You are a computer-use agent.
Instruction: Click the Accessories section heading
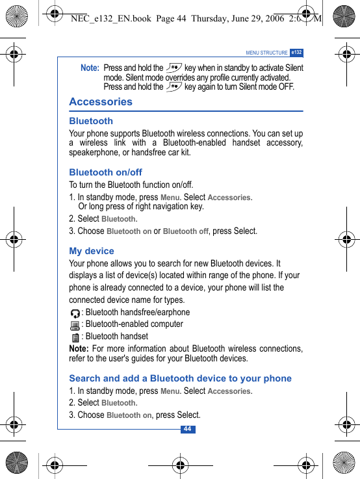(101, 102)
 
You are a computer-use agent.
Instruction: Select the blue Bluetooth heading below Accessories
(91, 121)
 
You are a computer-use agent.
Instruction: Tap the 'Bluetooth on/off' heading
(105, 172)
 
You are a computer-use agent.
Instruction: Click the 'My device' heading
(92, 251)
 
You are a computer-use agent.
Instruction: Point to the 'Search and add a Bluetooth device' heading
(180, 378)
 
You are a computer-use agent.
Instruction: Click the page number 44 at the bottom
(187, 429)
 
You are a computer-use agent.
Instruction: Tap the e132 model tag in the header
(296, 53)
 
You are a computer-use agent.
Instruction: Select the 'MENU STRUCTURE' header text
(266, 53)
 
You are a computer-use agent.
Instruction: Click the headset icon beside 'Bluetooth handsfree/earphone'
(75, 313)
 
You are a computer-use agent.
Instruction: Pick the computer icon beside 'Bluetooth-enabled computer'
(75, 325)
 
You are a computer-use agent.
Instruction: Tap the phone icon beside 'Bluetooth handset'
(76, 337)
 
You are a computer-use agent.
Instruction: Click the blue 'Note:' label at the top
(90, 68)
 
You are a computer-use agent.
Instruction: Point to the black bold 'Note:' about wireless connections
(79, 349)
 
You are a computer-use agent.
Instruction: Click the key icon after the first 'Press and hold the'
(174, 67)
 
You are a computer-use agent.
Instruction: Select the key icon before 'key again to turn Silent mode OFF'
(174, 86)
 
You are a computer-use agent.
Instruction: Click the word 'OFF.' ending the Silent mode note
(285, 86)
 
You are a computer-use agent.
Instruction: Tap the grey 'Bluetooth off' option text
(186, 231)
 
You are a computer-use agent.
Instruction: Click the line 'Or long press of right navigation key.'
(141, 207)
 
